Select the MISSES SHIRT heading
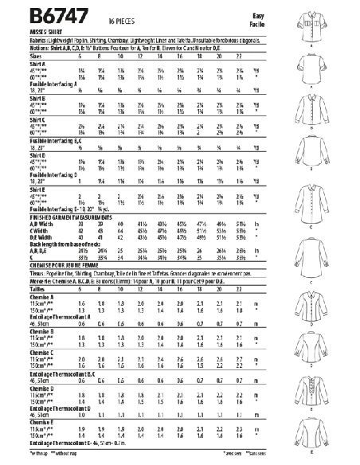pos(26,25)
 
